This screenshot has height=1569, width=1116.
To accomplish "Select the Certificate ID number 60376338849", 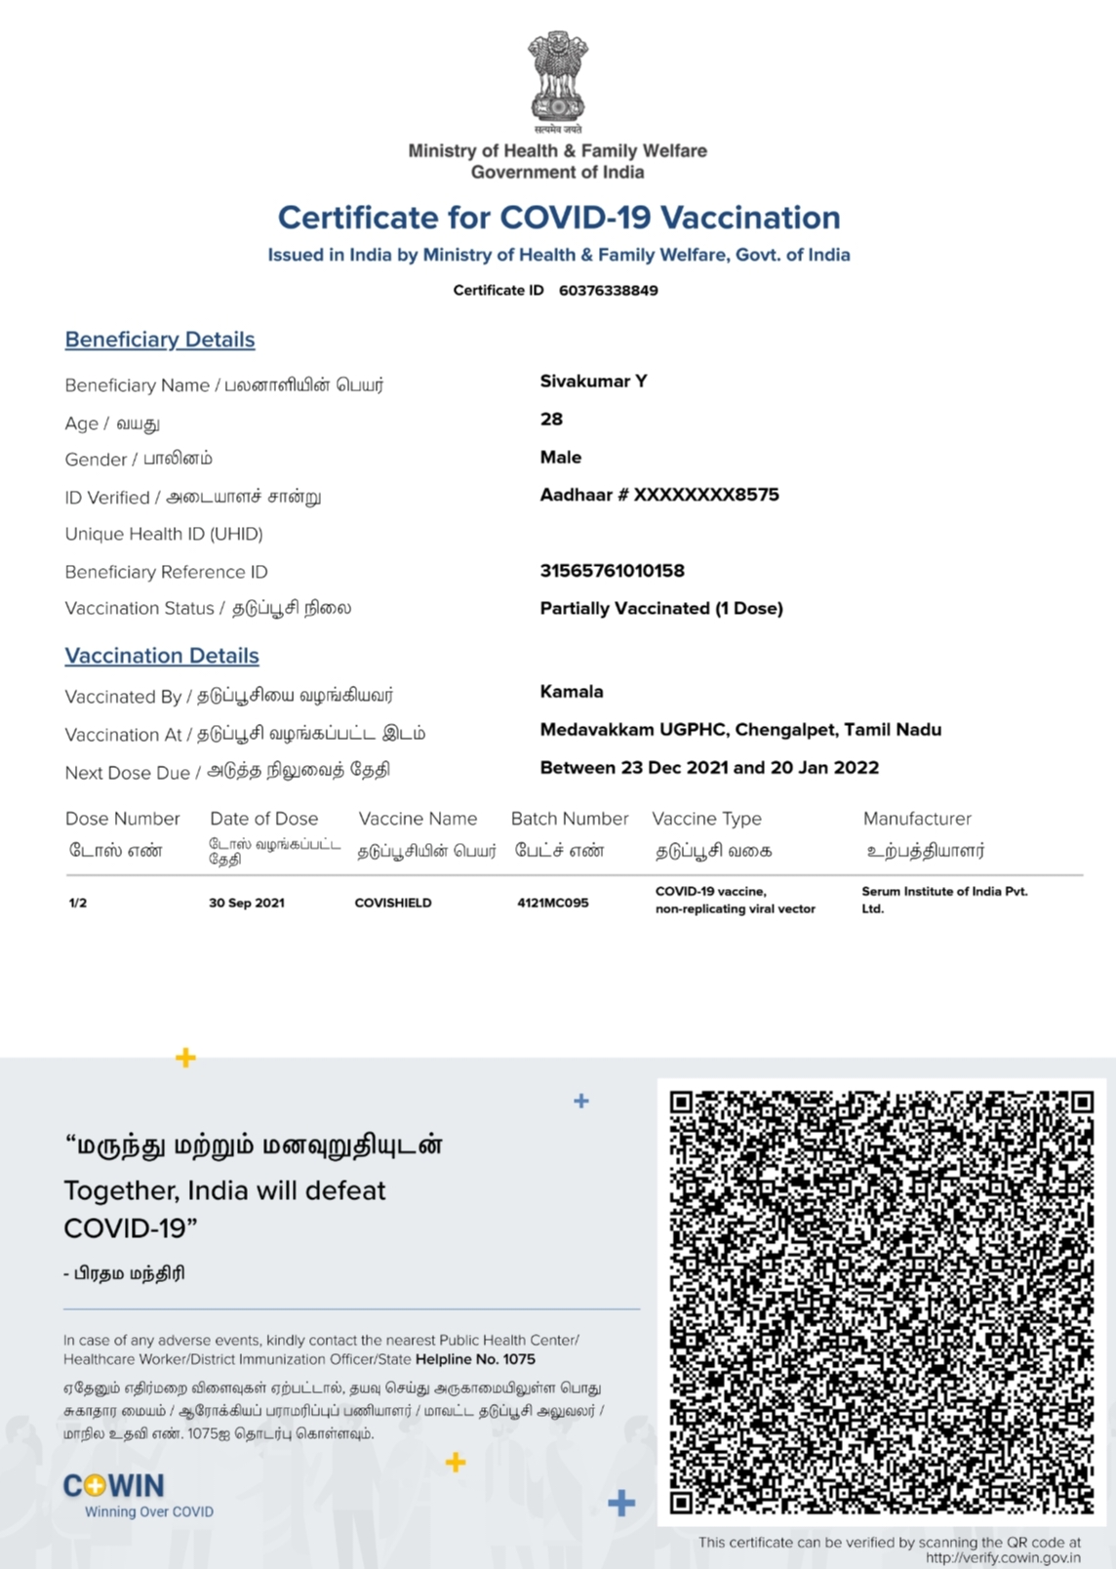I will pos(608,290).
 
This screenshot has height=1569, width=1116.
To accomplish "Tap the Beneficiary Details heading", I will pos(160,340).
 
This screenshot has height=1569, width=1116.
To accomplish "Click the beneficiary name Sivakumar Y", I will pos(593,382).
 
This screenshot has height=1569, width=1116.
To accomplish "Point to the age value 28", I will pos(551,420).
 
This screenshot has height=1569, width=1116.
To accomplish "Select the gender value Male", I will pos(560,457).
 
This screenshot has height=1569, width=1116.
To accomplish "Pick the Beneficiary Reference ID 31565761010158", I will pos(612,571).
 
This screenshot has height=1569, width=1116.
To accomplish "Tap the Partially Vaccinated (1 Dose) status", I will pos(661,609).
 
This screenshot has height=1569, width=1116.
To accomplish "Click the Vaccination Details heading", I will pos(162,656).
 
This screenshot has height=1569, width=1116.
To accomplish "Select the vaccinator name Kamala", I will pos(572,692).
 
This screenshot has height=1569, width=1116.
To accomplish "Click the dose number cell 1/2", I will pos(78,903).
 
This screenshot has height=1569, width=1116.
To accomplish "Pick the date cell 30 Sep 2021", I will pos(247,903).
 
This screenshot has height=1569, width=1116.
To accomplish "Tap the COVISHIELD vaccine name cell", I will pos(393,903).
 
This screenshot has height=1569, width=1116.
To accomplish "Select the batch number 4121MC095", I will pos(553,903).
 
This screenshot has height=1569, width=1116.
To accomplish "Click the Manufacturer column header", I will pos(917,819).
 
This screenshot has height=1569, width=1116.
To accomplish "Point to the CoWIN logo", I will pos(114,1486).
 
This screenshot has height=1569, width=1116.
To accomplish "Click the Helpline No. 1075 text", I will pos(475,1359).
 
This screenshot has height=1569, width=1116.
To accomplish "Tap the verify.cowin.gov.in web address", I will pos(1003,1558).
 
